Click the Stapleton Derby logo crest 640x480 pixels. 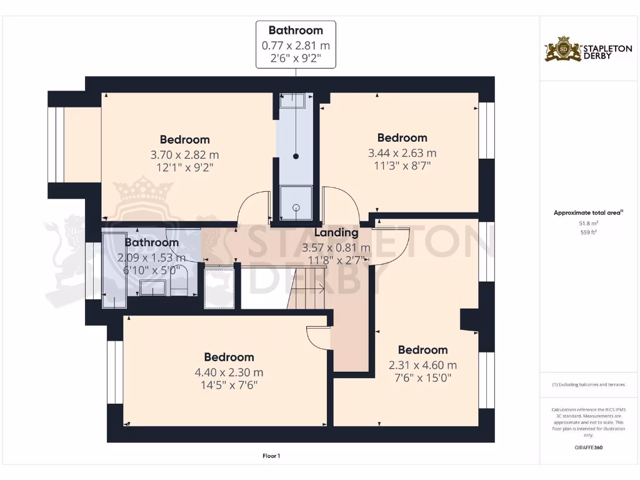563,49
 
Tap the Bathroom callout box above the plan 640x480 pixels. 296,44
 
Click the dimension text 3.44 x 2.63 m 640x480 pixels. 402,153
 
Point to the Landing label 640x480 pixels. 336,232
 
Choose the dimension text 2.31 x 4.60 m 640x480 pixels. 422,366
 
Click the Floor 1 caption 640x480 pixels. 271,456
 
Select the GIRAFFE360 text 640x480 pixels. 588,447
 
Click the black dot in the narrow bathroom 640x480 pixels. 296,156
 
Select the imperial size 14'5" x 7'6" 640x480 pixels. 229,385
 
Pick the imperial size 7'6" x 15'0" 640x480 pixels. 422,378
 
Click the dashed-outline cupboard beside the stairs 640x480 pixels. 219,286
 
